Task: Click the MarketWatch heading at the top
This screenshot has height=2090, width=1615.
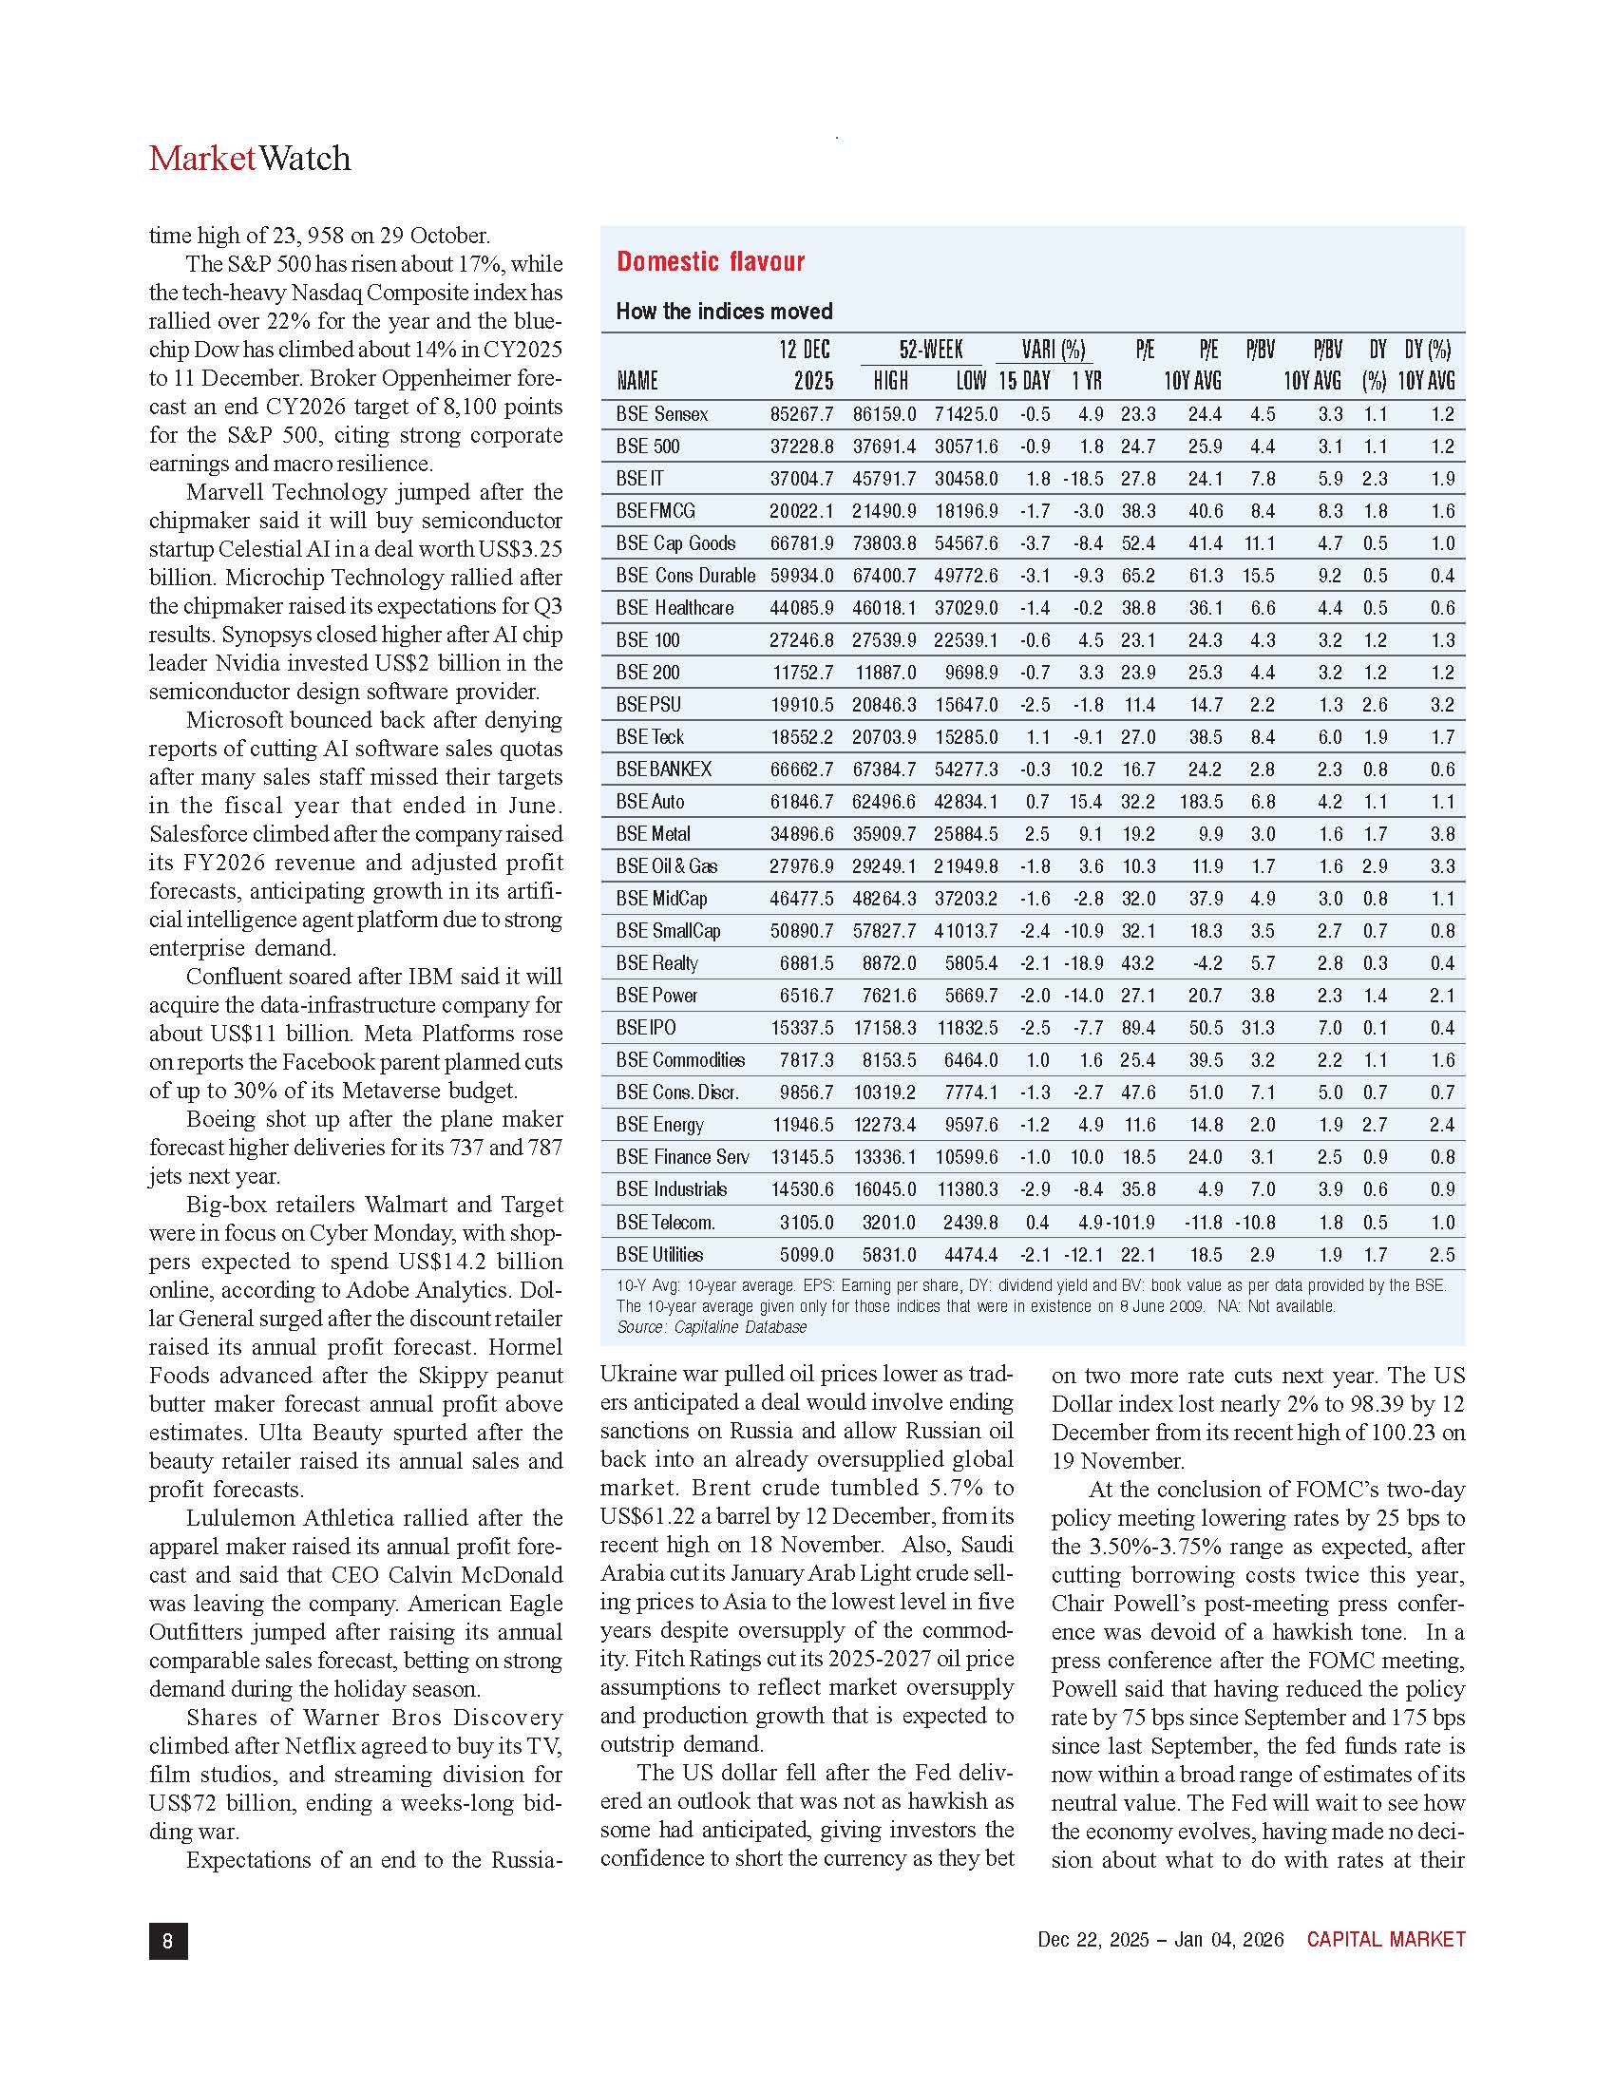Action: tap(250, 159)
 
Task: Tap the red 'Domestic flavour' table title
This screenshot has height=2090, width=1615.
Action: tap(710, 261)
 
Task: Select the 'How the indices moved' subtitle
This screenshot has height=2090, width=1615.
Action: tap(723, 311)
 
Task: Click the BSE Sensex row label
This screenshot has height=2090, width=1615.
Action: tap(662, 414)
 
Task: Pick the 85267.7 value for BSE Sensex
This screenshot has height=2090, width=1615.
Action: tap(801, 414)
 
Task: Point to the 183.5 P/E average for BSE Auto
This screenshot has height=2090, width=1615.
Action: tap(1201, 802)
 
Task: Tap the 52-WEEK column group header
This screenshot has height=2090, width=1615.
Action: tap(930, 350)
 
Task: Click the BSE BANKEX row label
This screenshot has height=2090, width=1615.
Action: tap(663, 769)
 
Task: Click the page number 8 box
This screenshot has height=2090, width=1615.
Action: tap(168, 1940)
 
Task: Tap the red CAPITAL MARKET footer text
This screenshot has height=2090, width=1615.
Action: tap(1385, 1940)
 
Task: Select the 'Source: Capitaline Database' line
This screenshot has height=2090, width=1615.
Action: tap(711, 1327)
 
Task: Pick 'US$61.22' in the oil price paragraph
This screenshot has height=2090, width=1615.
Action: tap(647, 1517)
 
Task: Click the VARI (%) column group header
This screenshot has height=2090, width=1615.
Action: tap(1053, 350)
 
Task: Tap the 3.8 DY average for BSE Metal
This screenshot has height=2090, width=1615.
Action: tap(1442, 834)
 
